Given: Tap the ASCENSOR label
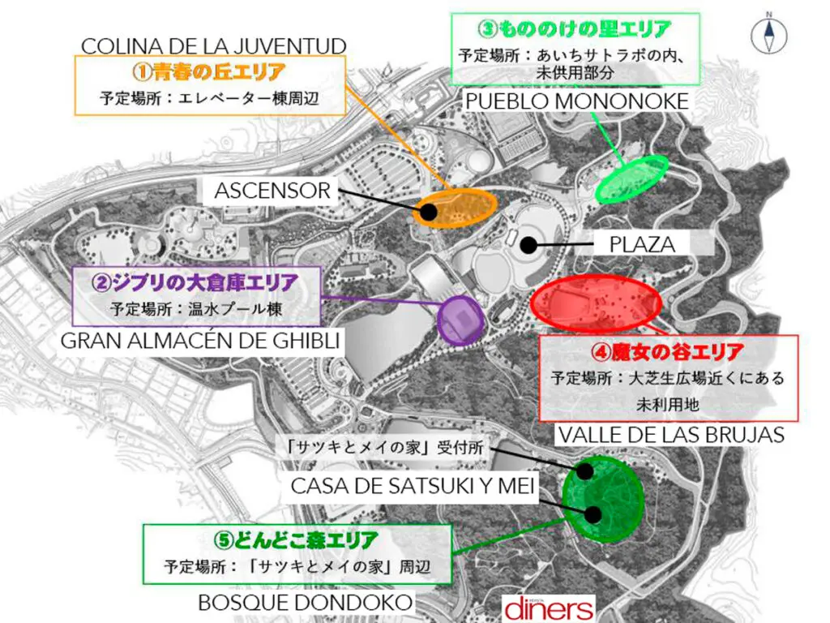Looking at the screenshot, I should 272,191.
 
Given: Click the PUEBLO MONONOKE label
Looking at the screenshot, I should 577,101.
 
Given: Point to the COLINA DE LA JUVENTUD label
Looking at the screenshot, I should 214,46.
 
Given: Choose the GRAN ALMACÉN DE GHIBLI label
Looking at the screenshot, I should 200,340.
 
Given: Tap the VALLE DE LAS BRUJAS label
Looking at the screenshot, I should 671,435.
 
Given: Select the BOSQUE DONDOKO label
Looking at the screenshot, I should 306,602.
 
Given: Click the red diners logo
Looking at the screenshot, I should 549,608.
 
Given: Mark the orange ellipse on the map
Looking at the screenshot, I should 455,208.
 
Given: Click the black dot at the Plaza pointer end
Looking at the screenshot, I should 528,243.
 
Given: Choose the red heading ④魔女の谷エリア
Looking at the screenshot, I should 668,353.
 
